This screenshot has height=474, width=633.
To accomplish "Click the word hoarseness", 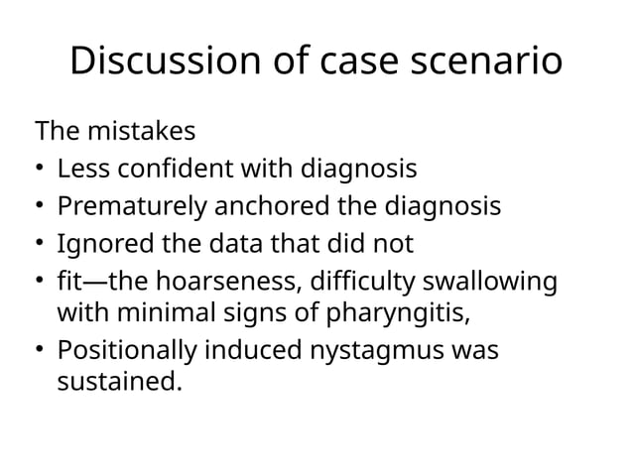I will coord(219,282).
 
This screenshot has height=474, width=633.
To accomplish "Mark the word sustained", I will coord(120,381).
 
